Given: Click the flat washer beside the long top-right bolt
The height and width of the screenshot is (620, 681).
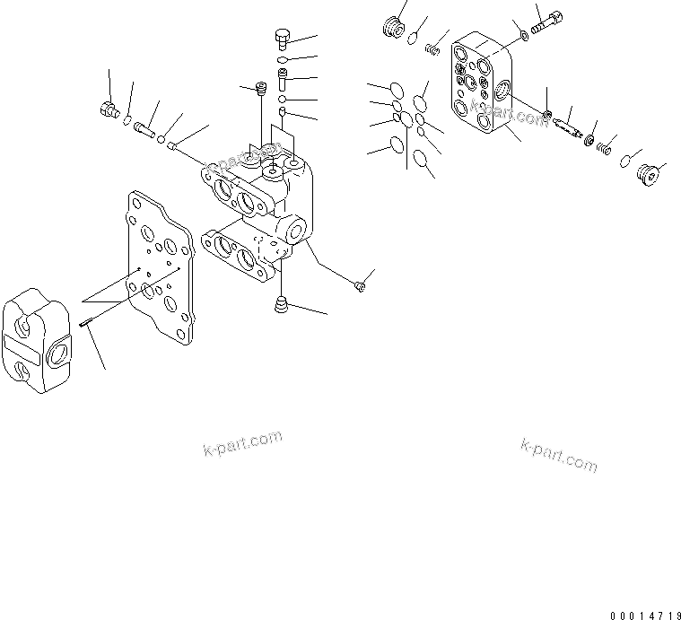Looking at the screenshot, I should tap(523, 37).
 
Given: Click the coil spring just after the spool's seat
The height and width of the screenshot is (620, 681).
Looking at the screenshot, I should tap(607, 144).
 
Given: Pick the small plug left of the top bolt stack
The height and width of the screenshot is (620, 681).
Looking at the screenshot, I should tap(261, 88).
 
